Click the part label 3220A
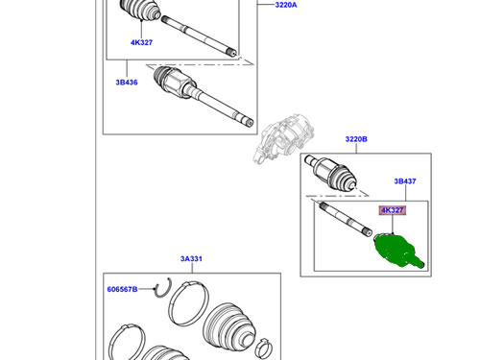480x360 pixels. pos(286,5)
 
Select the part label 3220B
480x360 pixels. pos(356,139)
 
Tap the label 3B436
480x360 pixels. pos(127,83)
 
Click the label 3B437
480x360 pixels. pos(405,181)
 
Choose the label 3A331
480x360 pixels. pos(191,258)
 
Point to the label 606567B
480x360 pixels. pos(122,289)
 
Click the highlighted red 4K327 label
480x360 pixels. pos(393,210)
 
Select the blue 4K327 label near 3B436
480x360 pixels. pos(141,42)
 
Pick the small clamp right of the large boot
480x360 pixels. pos(264,348)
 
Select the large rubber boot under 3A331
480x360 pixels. pos(229,326)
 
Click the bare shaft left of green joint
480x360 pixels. pos(346,219)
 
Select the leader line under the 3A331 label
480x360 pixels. pos(192,268)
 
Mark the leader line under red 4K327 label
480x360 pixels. pos(393,224)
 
